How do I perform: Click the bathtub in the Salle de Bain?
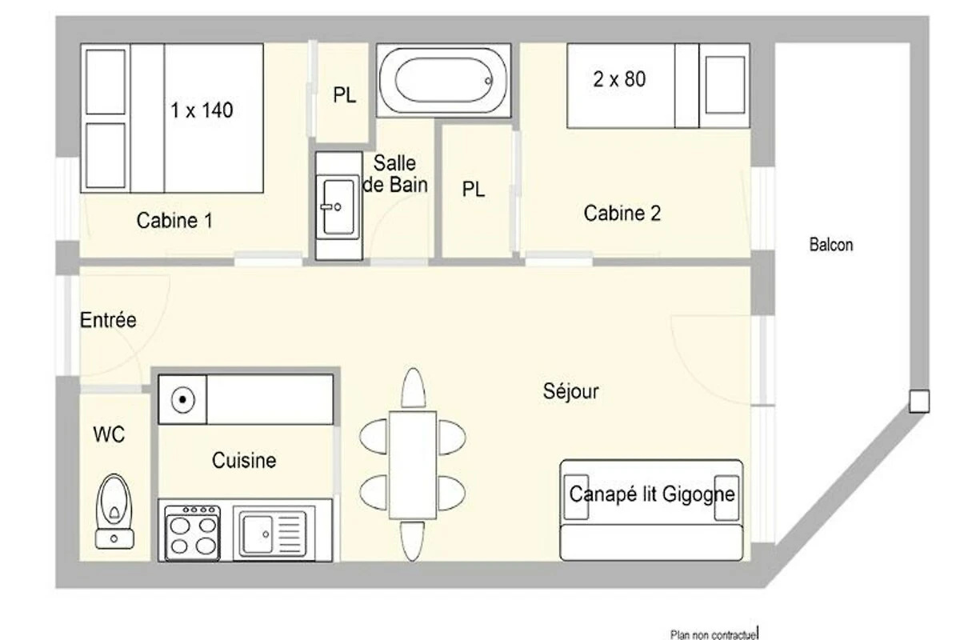[443, 80]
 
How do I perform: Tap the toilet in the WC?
[114, 511]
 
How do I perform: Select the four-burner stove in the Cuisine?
[193, 533]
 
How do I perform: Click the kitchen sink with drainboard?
[274, 533]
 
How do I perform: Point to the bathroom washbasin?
[338, 206]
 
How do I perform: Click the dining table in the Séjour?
[413, 465]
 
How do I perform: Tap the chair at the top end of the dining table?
[413, 388]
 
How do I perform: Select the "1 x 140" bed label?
[202, 110]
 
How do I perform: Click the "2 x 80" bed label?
[619, 79]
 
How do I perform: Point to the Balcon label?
[831, 245]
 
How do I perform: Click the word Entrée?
[108, 320]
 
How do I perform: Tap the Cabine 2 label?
[622, 213]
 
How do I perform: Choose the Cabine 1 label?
[174, 220]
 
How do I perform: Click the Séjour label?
[571, 391]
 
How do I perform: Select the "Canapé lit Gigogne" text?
[652, 494]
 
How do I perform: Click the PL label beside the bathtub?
[345, 95]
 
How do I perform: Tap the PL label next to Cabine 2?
[473, 189]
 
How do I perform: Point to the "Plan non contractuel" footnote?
[714, 634]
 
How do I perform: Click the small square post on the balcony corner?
[919, 402]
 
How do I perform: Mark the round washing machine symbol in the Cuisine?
[183, 399]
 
